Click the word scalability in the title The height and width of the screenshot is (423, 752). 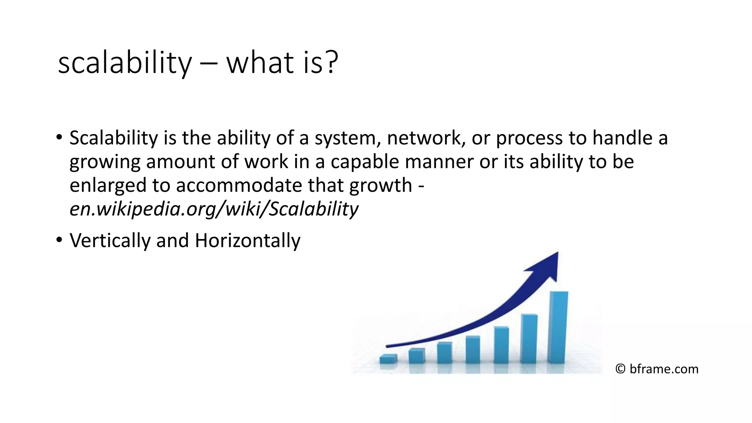[x=125, y=63]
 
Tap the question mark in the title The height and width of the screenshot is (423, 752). [x=330, y=62]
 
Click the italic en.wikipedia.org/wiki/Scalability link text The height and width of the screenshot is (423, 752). [x=214, y=209]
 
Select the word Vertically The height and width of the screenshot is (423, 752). [x=110, y=241]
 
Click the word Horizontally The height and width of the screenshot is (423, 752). [x=247, y=241]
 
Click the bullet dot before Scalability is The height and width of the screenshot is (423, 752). [x=59, y=138]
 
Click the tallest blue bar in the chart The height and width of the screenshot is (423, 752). [x=558, y=327]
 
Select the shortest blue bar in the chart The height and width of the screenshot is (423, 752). [x=388, y=359]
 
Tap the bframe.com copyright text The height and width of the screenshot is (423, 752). [x=664, y=369]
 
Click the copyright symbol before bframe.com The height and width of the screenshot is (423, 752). [x=620, y=369]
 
